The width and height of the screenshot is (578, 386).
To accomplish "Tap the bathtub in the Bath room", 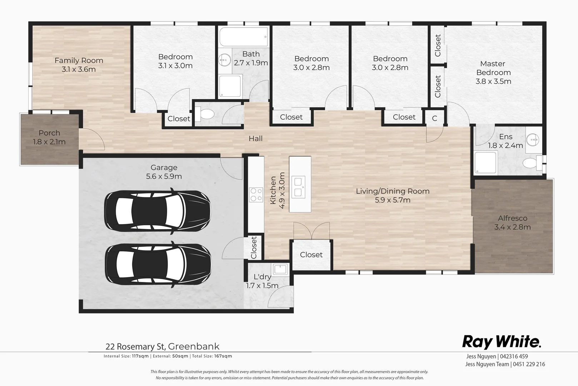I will (243, 37).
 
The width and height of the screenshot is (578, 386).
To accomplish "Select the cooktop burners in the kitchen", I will (256, 195).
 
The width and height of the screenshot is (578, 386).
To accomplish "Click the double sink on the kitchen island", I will (298, 187).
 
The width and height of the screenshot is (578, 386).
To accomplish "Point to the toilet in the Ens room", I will (532, 163).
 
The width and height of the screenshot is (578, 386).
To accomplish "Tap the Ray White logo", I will (502, 342).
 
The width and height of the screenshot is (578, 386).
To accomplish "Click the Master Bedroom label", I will (493, 68).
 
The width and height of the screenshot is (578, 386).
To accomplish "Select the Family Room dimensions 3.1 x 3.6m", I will (79, 69).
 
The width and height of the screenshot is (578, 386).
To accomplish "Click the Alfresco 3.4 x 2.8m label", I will (512, 222).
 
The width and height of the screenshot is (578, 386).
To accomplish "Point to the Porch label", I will (49, 133).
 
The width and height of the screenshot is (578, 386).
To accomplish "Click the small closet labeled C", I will (434, 118).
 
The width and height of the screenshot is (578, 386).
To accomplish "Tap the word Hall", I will (255, 138).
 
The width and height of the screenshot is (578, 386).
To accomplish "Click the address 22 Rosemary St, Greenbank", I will (162, 346).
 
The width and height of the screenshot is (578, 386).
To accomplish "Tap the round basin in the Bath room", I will (225, 60).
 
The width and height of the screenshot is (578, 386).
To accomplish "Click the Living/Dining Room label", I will (393, 191).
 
